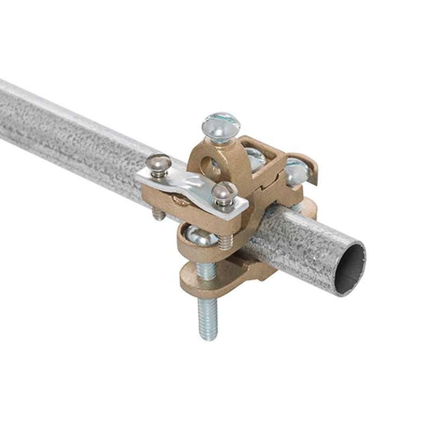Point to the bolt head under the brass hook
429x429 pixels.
[x=295, y=171]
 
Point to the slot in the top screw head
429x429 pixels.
[x=220, y=120]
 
